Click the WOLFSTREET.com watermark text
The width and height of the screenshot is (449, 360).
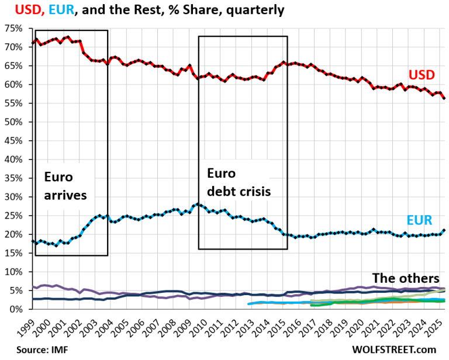coord(395,350)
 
